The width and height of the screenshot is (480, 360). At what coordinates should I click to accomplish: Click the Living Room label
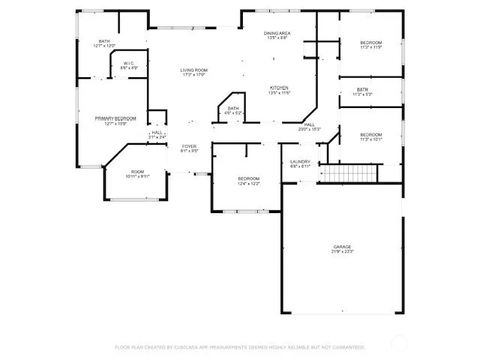click(193, 70)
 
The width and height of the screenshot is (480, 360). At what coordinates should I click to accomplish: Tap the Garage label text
click(343, 247)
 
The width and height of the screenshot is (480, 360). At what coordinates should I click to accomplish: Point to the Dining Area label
click(277, 34)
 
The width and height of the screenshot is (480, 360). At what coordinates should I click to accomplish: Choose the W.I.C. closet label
click(128, 64)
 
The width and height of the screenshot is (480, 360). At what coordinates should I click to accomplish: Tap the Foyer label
click(189, 146)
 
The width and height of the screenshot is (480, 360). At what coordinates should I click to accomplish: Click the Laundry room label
click(300, 161)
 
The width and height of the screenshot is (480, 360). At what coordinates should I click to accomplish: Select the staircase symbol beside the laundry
click(349, 173)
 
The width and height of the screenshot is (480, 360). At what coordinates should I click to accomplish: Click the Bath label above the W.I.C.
click(103, 41)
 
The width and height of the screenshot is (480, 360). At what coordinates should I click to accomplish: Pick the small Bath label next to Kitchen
click(233, 109)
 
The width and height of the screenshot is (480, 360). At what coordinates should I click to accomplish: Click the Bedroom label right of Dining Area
click(370, 42)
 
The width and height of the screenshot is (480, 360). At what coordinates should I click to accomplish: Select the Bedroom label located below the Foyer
click(248, 178)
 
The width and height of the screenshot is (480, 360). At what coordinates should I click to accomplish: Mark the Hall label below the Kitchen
click(309, 124)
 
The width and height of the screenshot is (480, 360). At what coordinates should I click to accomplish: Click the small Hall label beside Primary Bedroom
click(157, 133)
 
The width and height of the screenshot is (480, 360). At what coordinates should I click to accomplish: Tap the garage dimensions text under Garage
click(343, 252)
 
